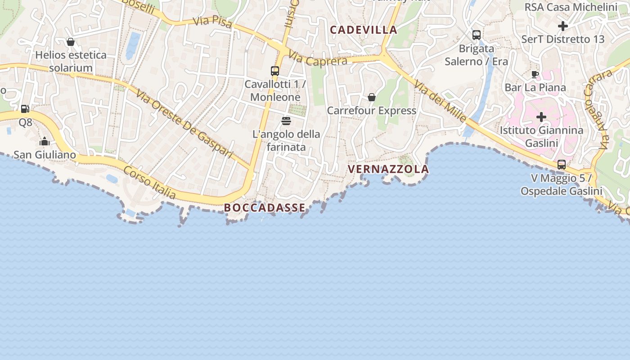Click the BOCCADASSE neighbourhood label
point(265,207)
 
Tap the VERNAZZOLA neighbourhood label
point(388,169)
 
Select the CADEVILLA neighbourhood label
point(364,30)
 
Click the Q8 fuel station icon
point(25,108)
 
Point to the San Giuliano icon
point(45,142)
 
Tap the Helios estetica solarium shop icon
point(71,42)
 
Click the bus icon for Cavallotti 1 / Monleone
point(275,71)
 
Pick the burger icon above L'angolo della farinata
point(286,121)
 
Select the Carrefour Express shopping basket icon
point(372,97)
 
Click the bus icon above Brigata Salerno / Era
point(477,35)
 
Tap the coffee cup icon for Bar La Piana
point(535,74)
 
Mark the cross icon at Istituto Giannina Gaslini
point(541,117)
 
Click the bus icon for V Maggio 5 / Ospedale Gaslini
point(562,165)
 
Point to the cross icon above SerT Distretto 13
point(562,26)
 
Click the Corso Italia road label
point(149,183)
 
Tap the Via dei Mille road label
point(440,101)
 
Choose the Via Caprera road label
point(318,58)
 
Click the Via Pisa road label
point(212,22)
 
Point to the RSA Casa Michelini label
point(571,7)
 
